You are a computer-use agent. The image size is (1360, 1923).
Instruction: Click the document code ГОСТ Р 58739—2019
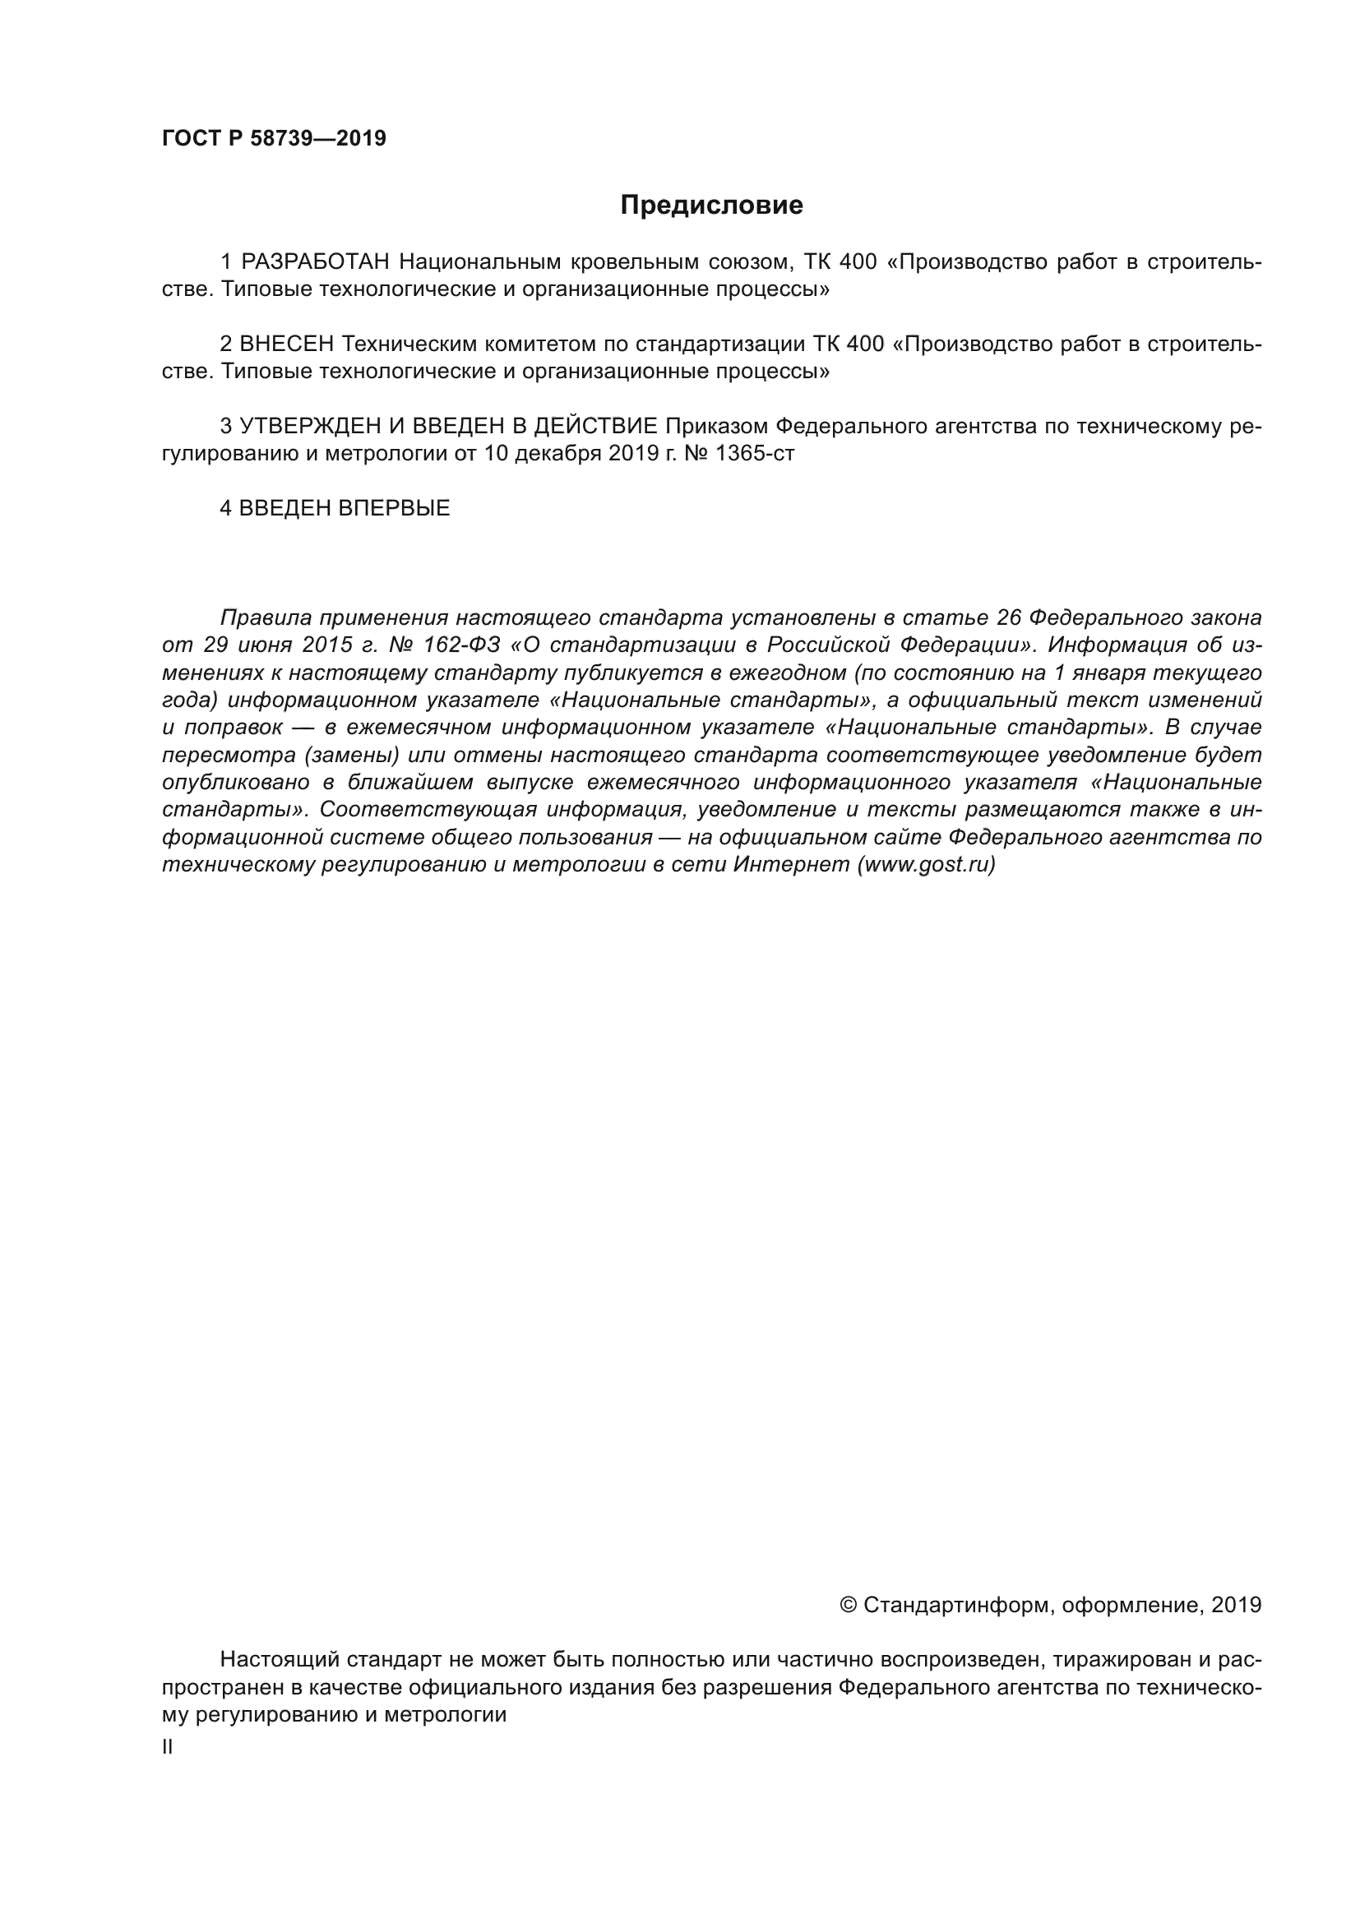[274, 139]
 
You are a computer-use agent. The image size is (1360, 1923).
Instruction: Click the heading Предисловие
[711, 206]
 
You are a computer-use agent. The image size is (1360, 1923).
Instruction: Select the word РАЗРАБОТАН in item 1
[316, 262]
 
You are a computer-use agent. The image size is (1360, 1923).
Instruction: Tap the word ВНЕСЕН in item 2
[286, 344]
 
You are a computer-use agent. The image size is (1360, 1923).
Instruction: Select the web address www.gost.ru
[926, 865]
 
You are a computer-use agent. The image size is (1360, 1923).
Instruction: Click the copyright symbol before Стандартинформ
[848, 1605]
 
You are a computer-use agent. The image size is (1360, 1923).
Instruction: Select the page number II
[168, 1747]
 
